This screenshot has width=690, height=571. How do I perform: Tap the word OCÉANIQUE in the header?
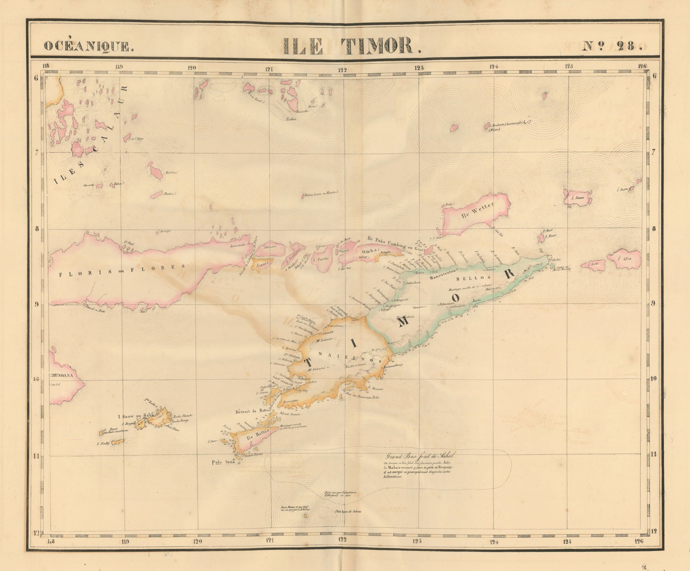tap(88, 46)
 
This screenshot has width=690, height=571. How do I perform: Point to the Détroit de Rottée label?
tap(253, 411)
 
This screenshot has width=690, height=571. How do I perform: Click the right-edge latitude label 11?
tap(654, 454)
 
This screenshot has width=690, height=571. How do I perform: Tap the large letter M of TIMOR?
tap(404, 323)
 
